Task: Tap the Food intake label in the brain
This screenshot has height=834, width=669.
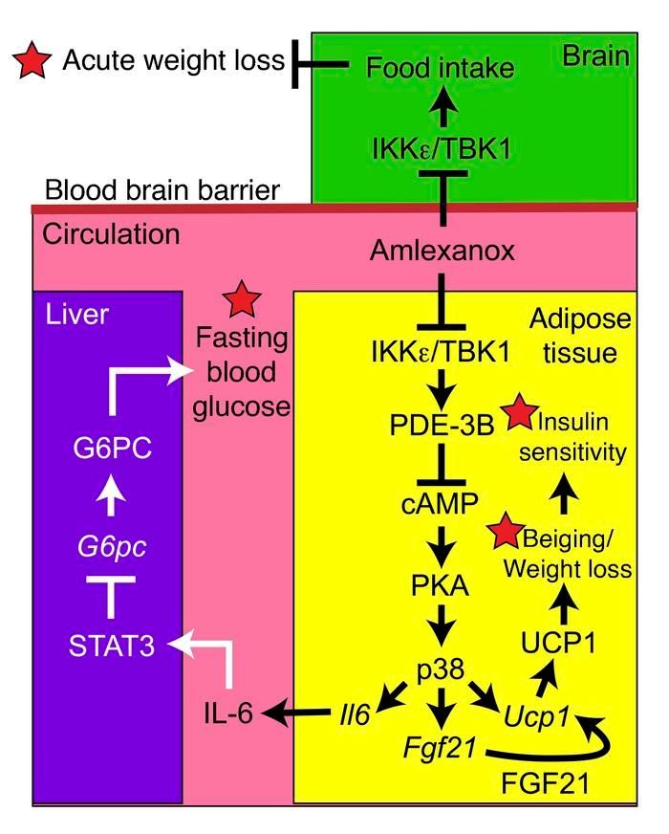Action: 441,68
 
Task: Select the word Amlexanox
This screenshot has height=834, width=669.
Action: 442,251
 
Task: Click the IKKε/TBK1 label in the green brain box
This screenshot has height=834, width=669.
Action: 442,148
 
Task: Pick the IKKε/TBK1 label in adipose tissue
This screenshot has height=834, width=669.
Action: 442,352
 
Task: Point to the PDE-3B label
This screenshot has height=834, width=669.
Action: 441,424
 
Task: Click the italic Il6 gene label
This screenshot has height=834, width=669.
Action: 357,713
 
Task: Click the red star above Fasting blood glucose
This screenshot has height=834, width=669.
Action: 240,300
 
